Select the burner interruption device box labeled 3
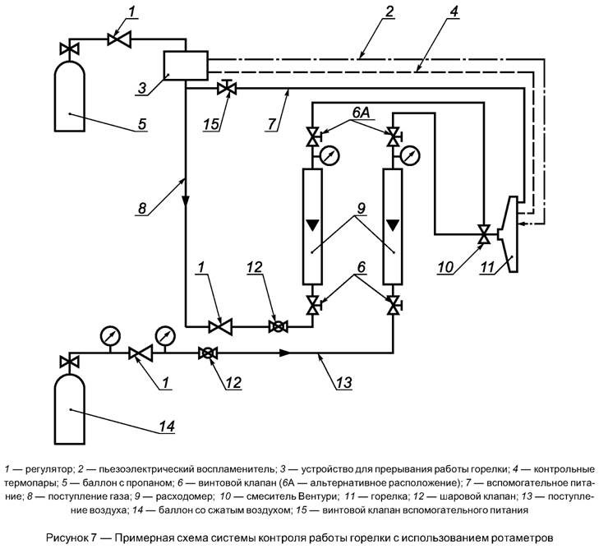(185, 65)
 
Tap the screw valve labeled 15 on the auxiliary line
(226, 88)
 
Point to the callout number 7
(272, 124)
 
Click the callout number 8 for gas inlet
(141, 209)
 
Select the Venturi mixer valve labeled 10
(485, 233)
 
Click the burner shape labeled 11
(508, 233)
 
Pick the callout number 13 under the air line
(343, 382)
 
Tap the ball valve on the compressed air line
(208, 353)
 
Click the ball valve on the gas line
(279, 326)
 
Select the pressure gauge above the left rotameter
(329, 155)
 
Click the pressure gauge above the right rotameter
(410, 155)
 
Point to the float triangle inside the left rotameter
(312, 224)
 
